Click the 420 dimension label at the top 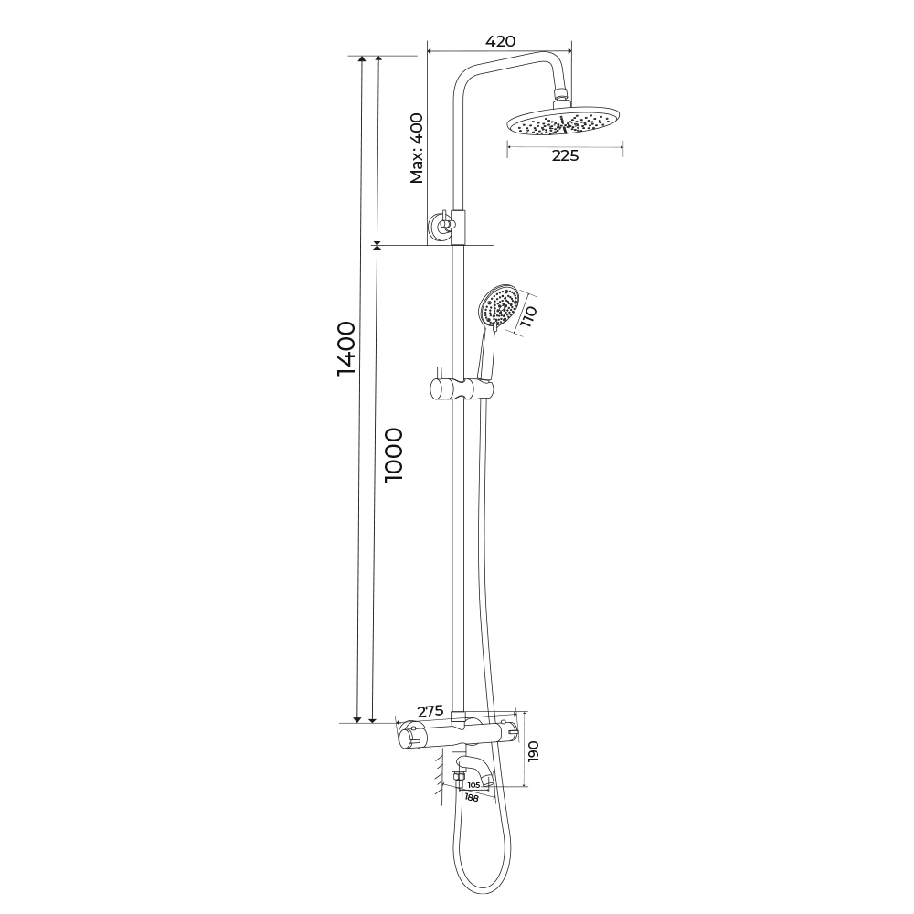(x=500, y=41)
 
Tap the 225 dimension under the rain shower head (x=565, y=155)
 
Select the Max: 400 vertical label (x=417, y=148)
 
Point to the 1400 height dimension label (x=346, y=348)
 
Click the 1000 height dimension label (x=394, y=454)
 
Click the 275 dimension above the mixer (x=430, y=711)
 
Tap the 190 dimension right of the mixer (x=534, y=750)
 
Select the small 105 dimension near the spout (x=473, y=785)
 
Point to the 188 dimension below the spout (x=472, y=798)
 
